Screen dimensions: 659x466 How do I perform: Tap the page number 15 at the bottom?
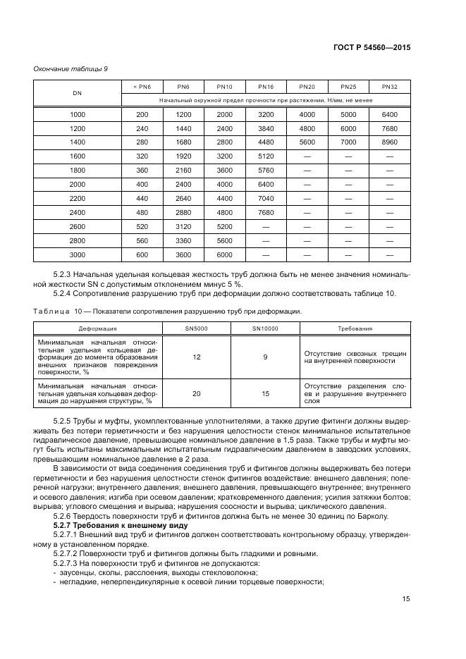(406, 599)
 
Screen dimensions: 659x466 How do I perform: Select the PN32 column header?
(390, 87)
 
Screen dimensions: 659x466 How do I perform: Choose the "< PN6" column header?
(142, 87)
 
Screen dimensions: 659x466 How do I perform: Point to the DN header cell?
(77, 93)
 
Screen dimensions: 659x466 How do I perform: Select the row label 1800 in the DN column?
(77, 171)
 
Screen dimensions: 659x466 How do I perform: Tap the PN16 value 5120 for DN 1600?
(266, 156)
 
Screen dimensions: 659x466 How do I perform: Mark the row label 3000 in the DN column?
(77, 255)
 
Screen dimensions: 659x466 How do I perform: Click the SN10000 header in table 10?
(265, 328)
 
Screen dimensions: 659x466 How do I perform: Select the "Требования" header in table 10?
(355, 328)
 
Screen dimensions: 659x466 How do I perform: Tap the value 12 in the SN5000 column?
(196, 357)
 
